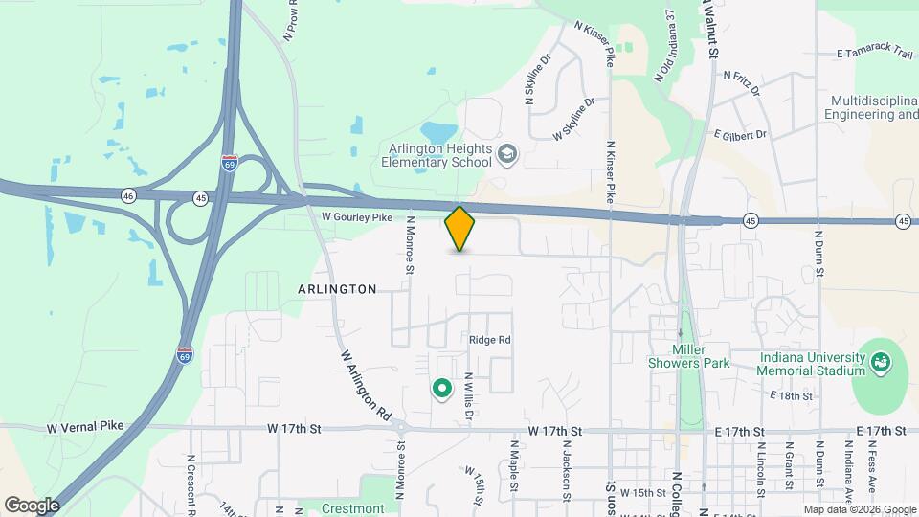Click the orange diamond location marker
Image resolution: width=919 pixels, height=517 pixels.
[459, 229]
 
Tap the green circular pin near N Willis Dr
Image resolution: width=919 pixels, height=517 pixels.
[441, 388]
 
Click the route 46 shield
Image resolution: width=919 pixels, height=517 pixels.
[128, 196]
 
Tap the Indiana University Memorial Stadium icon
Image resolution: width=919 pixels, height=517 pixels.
[880, 364]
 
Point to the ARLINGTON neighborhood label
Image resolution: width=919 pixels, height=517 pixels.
[337, 288]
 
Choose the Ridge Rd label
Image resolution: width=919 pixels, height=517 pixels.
[490, 340]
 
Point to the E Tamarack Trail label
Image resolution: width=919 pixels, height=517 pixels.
[875, 54]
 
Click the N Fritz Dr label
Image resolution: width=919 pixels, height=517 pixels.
[741, 80]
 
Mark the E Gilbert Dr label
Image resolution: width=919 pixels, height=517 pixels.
[740, 135]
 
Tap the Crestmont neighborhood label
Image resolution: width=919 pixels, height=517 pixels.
[352, 508]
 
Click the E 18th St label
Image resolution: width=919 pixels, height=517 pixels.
[791, 395]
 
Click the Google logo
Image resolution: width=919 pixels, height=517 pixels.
[32, 505]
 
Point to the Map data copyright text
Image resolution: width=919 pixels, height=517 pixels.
[859, 509]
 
